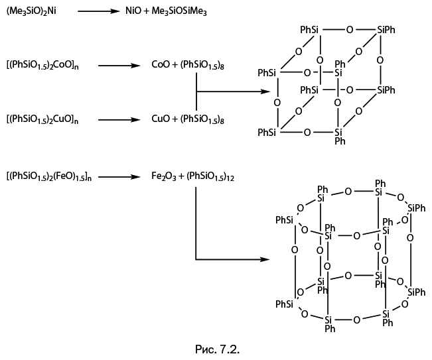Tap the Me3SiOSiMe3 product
click(175, 12)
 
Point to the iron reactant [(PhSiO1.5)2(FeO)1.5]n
click(48, 177)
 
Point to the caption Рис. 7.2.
click(215, 347)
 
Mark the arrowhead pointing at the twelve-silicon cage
click(265, 259)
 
